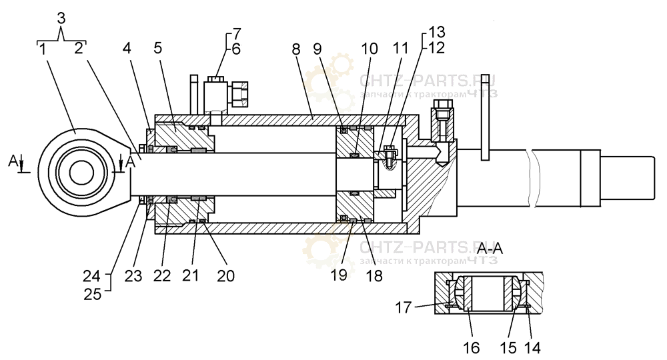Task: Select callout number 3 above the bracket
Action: [x=61, y=18]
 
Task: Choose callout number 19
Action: [x=339, y=275]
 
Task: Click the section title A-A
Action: [x=490, y=248]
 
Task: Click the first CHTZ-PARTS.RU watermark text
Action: [x=427, y=81]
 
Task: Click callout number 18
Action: [x=374, y=275]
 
